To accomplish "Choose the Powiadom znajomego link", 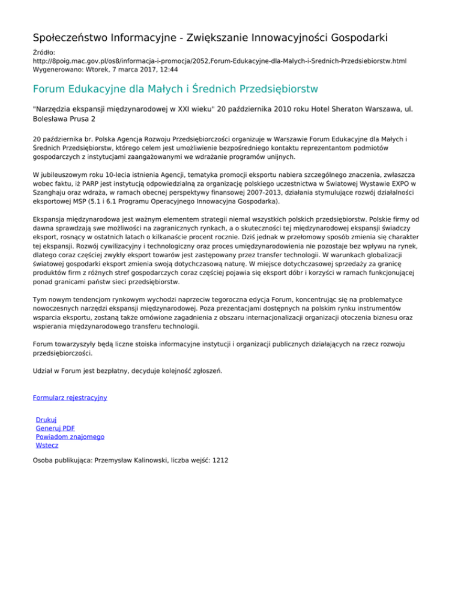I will coord(70,437).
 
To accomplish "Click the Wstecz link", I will coord(47,446).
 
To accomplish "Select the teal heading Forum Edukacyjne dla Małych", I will coord(175,90).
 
